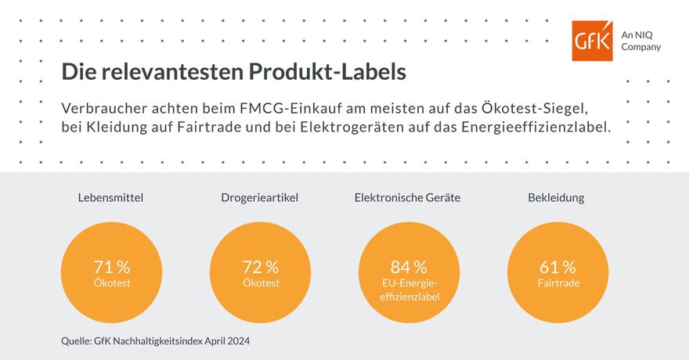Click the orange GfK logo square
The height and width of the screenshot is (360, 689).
tap(593, 41)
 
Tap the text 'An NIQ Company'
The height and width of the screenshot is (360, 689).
tap(640, 41)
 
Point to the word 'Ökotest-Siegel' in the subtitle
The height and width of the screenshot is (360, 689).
tap(548, 106)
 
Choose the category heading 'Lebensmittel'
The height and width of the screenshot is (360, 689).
tap(111, 198)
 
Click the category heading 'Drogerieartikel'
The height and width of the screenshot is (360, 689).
tap(259, 198)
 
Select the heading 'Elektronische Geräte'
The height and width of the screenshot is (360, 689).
tap(407, 198)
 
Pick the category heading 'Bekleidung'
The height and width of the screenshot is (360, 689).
tap(556, 198)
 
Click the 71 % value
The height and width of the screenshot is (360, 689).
tap(111, 267)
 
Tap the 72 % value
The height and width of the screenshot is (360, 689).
tap(260, 267)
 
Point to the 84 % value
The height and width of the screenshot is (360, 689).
tap(408, 267)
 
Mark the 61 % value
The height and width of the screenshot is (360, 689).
tap(557, 267)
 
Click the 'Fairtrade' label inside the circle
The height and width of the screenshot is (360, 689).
tap(558, 283)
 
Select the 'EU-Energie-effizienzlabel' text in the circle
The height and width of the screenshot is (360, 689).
tap(409, 290)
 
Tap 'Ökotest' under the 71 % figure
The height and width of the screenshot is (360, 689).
tap(111, 283)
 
